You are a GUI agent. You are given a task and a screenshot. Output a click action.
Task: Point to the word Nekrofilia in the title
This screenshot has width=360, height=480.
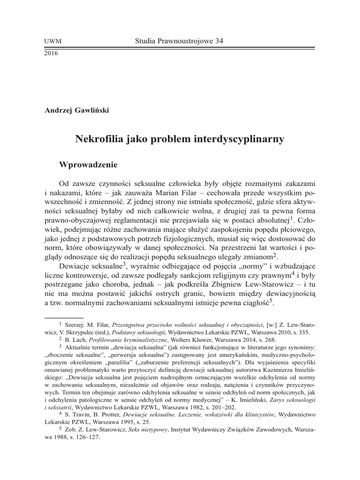click(97, 139)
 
